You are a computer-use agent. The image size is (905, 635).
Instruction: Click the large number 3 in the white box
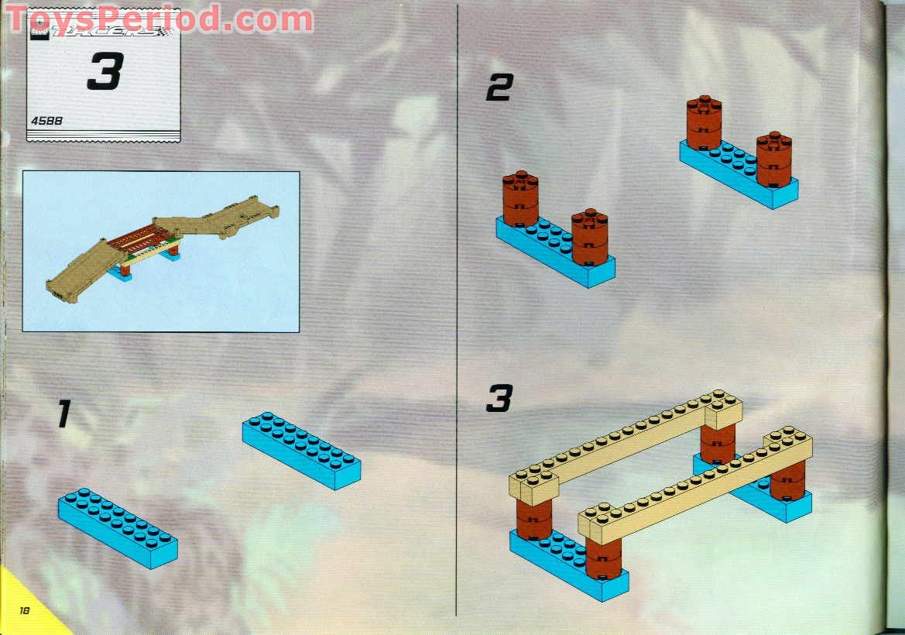click(x=105, y=72)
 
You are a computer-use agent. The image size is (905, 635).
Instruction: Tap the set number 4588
click(x=47, y=120)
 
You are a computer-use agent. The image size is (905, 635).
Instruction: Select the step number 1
click(x=63, y=414)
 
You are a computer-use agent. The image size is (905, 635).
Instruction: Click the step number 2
click(x=499, y=90)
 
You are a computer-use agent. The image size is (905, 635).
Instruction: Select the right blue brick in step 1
click(x=301, y=450)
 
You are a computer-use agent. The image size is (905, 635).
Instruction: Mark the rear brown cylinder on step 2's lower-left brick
click(x=520, y=197)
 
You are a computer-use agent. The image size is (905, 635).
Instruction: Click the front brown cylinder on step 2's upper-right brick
click(x=773, y=160)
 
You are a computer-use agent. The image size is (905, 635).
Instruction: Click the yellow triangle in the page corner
click(x=19, y=612)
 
